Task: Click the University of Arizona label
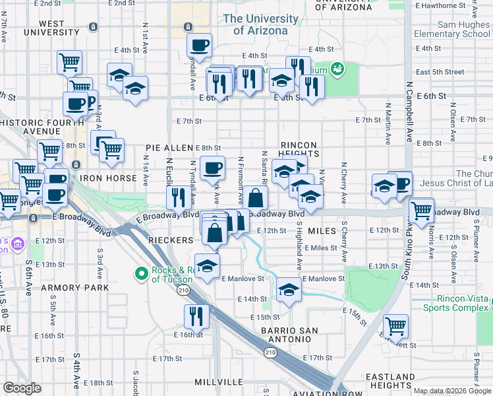pyautogui.click(x=256, y=24)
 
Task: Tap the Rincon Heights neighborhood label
pyautogui.click(x=299, y=149)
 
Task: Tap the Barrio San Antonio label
pyautogui.click(x=289, y=336)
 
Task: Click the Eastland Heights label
pyautogui.click(x=391, y=381)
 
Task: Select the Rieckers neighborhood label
pyautogui.click(x=169, y=241)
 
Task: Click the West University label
pyautogui.click(x=52, y=28)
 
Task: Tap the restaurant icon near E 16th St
pyautogui.click(x=196, y=315)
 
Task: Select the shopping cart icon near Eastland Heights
pyautogui.click(x=395, y=325)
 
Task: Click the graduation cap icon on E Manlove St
pyautogui.click(x=288, y=289)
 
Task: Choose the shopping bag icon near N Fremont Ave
pyautogui.click(x=256, y=197)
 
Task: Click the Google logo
pyautogui.click(x=22, y=388)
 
